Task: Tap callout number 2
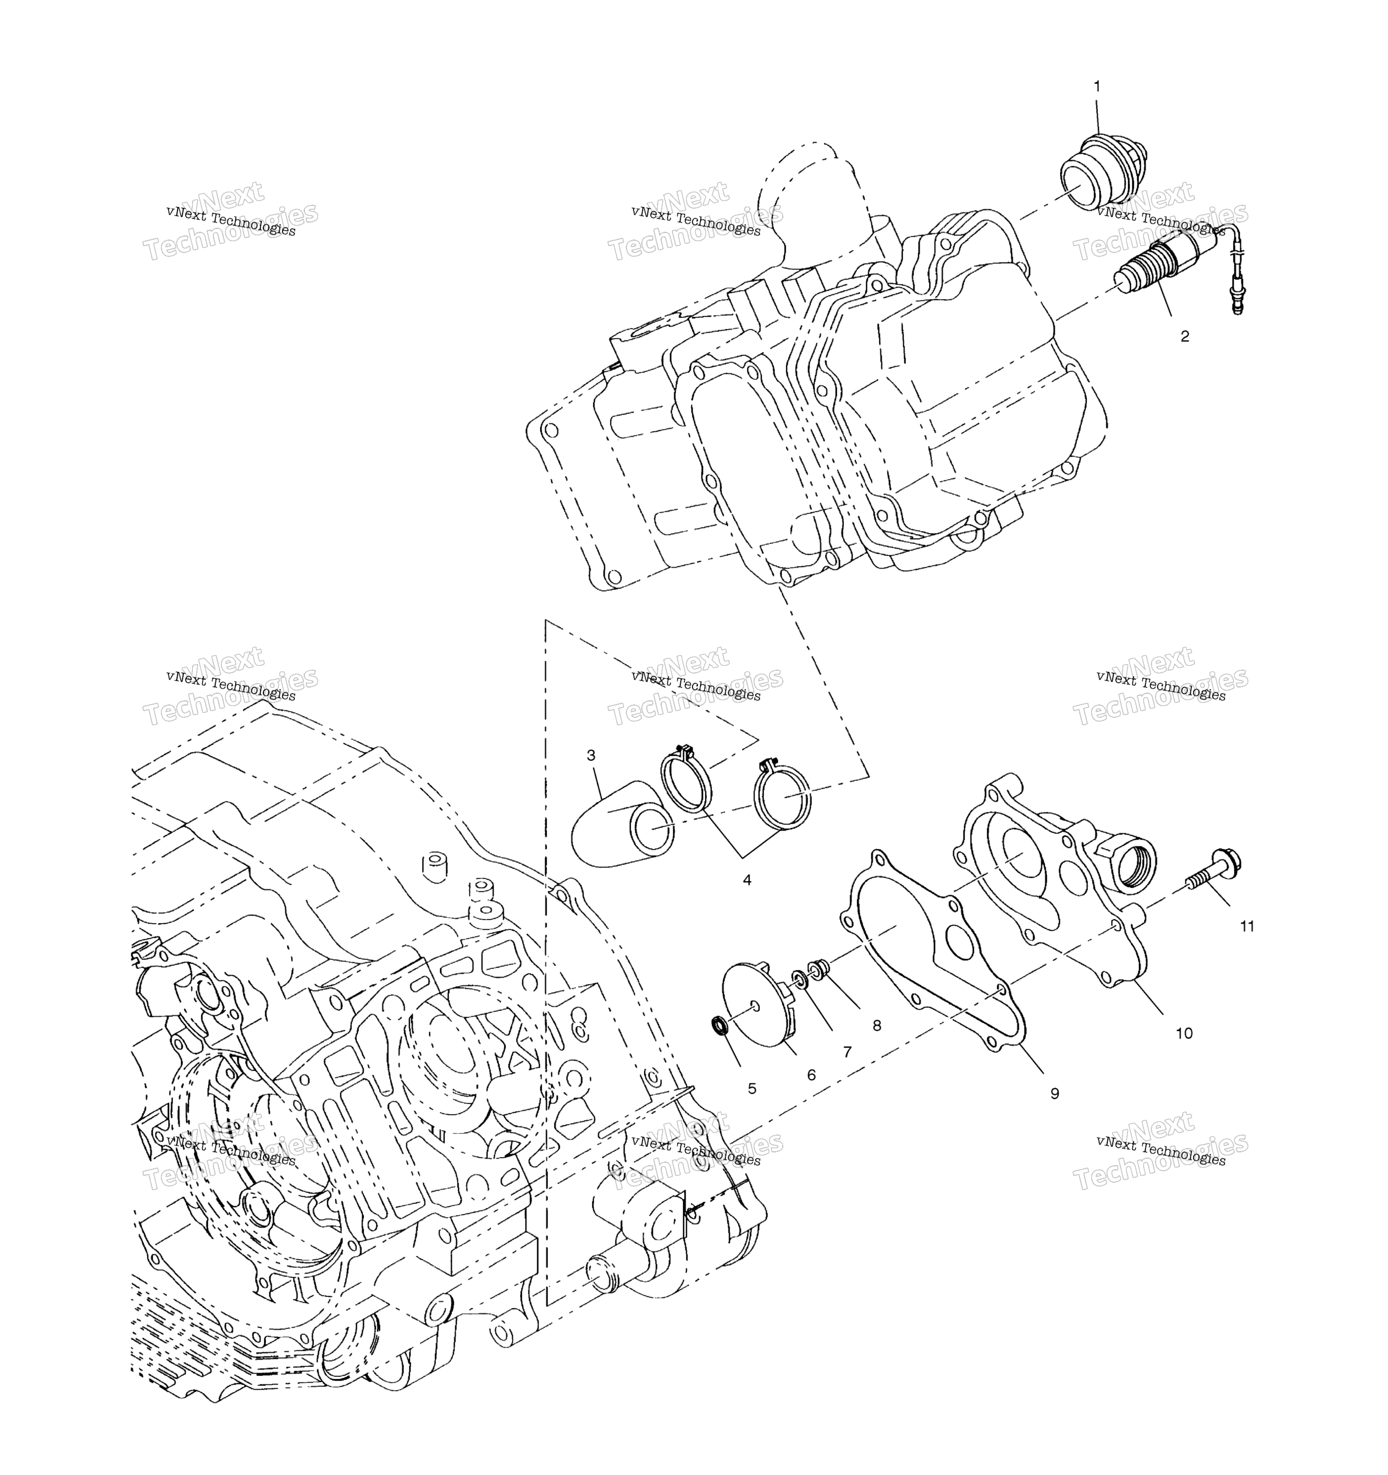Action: tap(1185, 336)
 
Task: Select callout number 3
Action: tap(591, 755)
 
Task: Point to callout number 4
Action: tap(747, 880)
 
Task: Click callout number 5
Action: tap(752, 1088)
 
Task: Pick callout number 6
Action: tap(811, 1074)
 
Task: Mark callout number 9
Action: tap(1055, 1093)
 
